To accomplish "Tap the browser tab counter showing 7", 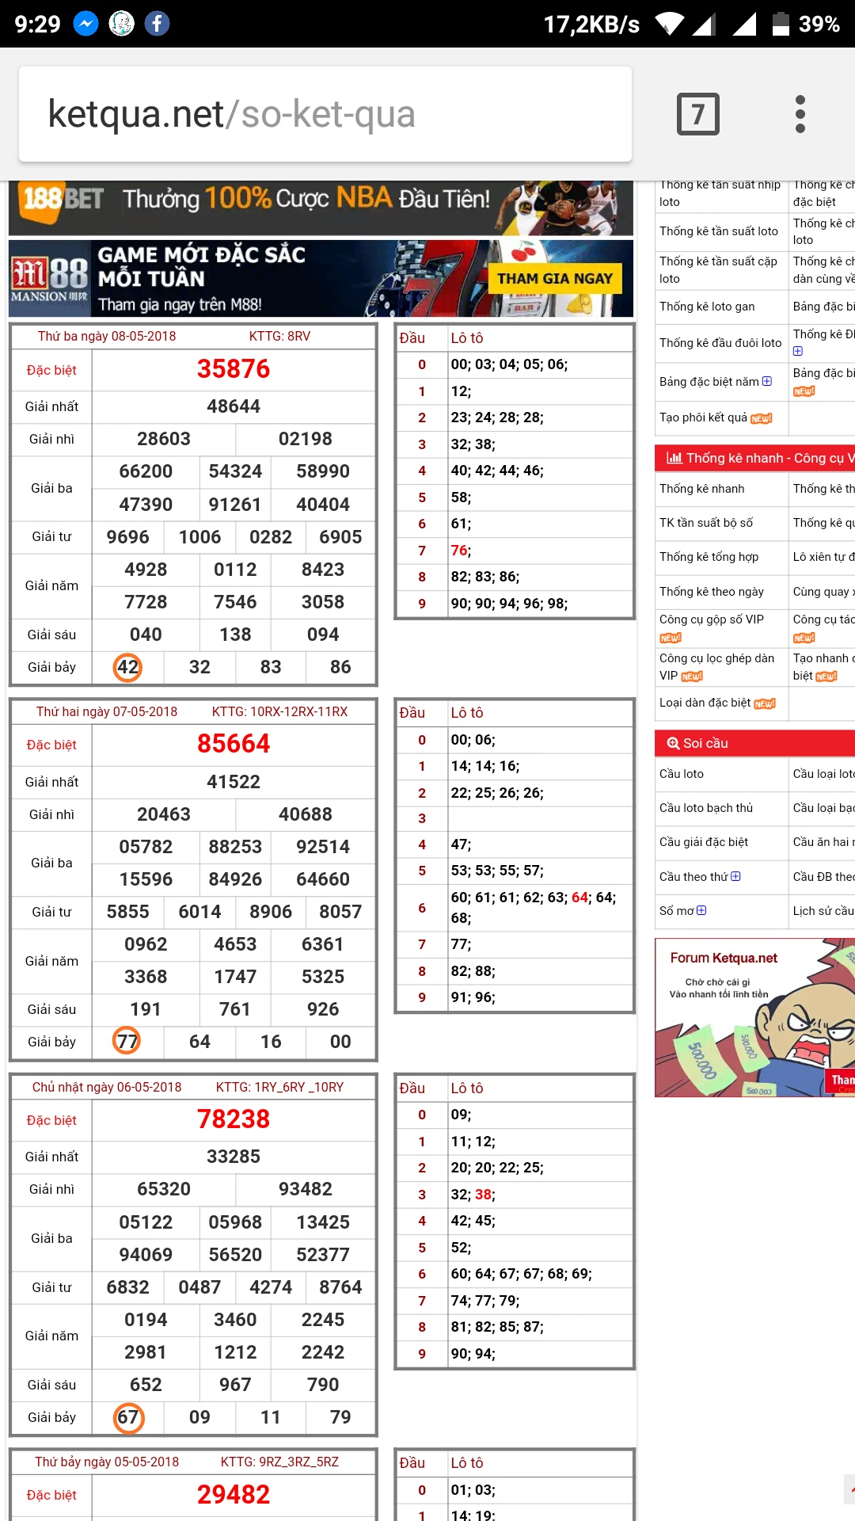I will (x=697, y=114).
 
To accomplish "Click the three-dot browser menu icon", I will (x=800, y=114).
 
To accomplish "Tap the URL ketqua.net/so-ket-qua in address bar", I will (x=232, y=114).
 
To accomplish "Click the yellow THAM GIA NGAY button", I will (x=555, y=279).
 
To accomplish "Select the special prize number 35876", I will (x=234, y=369).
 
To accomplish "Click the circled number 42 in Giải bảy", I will (x=127, y=667).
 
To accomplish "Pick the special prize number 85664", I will (x=234, y=744).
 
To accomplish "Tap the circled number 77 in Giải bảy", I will (x=127, y=1041).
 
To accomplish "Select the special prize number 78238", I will (x=234, y=1119).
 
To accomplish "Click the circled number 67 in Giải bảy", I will (x=128, y=1417).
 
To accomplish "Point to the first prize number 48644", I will (x=234, y=406).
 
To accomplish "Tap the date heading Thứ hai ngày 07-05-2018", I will (x=107, y=711).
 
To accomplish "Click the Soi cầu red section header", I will (x=705, y=743).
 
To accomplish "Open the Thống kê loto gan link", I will (x=707, y=307).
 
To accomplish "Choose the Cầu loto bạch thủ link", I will (x=706, y=808).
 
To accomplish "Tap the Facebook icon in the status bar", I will (x=157, y=24).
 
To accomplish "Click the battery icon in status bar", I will (x=781, y=24).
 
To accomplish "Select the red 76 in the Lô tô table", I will (x=459, y=551).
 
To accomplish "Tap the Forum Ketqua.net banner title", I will (x=724, y=958).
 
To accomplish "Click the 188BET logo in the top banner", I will (x=63, y=199).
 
